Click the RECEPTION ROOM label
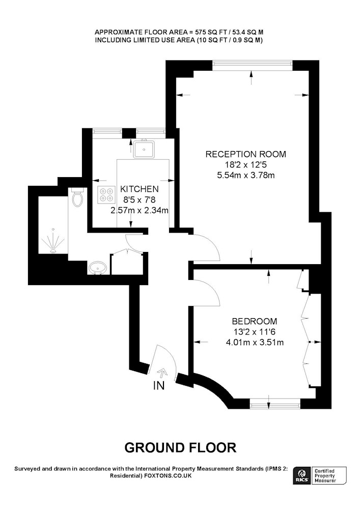(x=246, y=154)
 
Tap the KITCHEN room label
(x=139, y=189)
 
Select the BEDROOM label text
(x=255, y=321)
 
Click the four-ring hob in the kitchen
(x=106, y=195)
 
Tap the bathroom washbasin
(x=97, y=268)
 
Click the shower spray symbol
(x=53, y=241)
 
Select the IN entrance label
(x=159, y=385)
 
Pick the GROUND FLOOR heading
(x=180, y=447)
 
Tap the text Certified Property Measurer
(x=325, y=476)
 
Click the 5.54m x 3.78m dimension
(x=246, y=175)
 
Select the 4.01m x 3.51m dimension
(x=255, y=342)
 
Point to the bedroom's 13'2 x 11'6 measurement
(x=255, y=332)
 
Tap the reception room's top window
(x=253, y=65)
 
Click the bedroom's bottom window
(x=275, y=404)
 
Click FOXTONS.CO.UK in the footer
(x=168, y=476)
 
